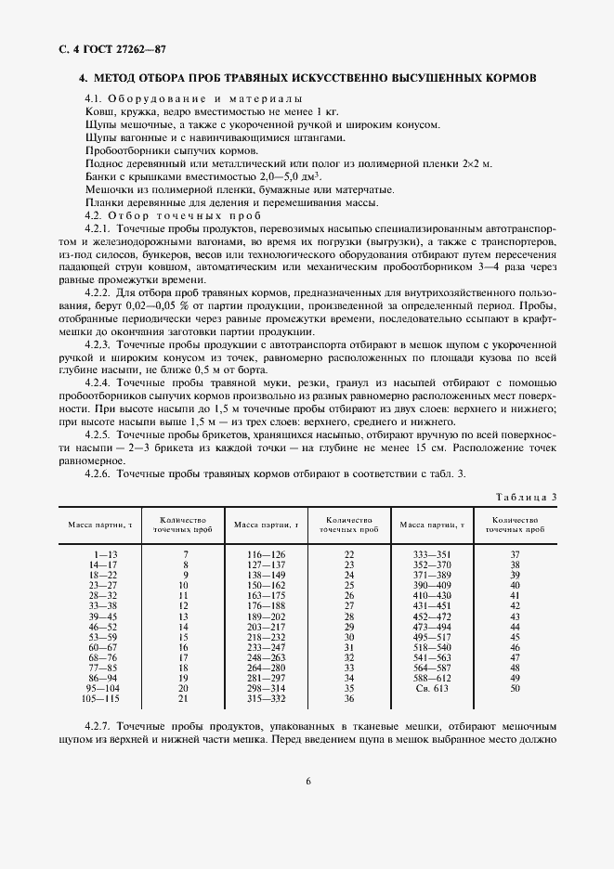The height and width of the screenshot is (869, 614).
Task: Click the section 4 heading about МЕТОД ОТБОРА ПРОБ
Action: point(307,79)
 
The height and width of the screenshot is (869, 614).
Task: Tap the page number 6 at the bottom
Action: point(307,780)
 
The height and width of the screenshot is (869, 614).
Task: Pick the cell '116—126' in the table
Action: point(267,554)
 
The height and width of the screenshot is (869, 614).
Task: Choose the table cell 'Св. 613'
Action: point(432,688)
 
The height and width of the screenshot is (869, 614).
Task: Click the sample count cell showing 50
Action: point(516,688)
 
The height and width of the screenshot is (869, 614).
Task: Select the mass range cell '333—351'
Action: point(432,554)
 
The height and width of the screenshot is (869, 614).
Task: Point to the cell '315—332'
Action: point(267,698)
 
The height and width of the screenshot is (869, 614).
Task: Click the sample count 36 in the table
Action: point(349,698)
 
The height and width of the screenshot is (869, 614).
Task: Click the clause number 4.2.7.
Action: point(98,724)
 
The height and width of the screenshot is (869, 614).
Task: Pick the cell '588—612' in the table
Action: point(432,678)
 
